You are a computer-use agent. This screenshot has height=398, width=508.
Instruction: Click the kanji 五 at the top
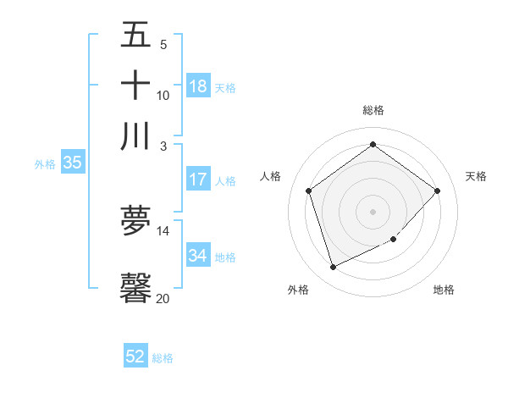click(x=135, y=36)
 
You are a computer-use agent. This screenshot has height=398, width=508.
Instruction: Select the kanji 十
click(x=135, y=86)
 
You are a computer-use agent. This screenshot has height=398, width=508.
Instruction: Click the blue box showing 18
click(x=198, y=86)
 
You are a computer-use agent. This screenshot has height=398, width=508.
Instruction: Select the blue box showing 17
click(x=198, y=180)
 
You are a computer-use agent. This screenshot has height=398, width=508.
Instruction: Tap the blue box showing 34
click(x=198, y=256)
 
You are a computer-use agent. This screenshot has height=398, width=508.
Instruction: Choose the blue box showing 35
click(x=72, y=163)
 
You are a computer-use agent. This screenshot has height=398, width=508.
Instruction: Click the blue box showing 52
click(x=135, y=357)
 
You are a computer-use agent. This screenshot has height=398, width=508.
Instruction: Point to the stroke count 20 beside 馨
click(x=163, y=298)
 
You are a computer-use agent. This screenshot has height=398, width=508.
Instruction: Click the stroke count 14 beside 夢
click(x=163, y=230)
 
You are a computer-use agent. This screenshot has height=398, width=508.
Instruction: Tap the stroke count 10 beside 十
click(x=163, y=95)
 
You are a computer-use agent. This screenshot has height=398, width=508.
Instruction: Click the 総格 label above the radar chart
click(x=373, y=110)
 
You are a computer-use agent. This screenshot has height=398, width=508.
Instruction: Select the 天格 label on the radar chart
click(x=476, y=176)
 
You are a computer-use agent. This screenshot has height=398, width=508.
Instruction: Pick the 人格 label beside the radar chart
click(x=271, y=176)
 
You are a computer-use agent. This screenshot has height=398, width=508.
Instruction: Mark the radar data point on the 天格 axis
click(x=437, y=191)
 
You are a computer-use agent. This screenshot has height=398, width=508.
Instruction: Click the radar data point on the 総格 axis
click(x=373, y=145)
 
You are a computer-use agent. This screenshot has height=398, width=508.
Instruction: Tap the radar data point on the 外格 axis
click(x=333, y=267)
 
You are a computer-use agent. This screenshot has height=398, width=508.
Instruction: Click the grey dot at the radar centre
click(x=373, y=211)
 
